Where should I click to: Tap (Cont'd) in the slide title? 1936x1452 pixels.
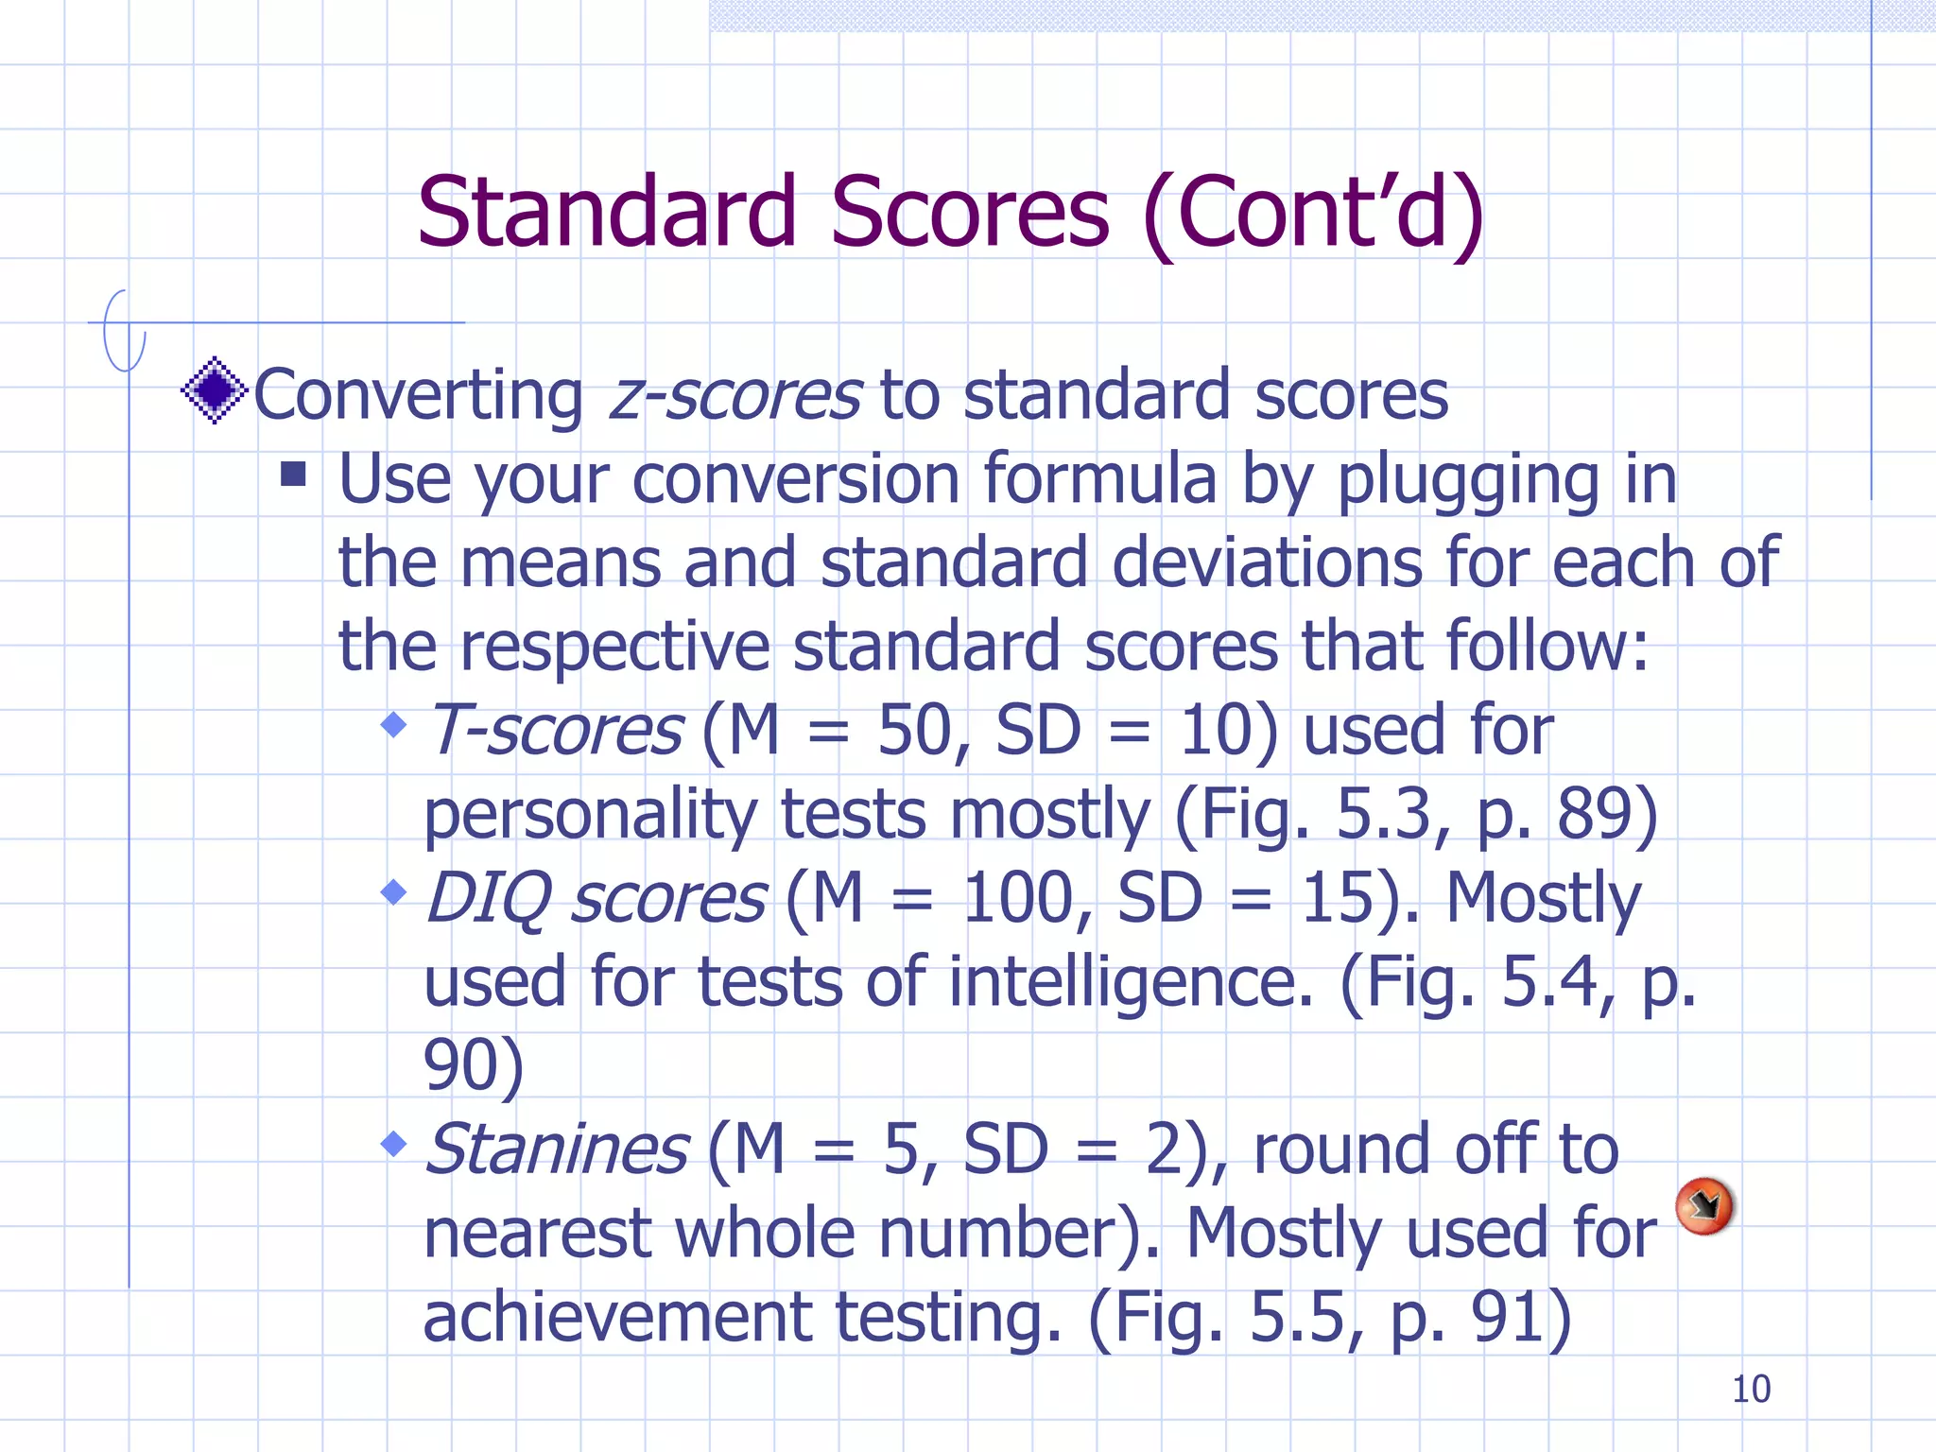coord(1313,214)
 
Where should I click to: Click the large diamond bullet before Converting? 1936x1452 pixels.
coord(215,389)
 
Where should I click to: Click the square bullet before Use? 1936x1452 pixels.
coord(293,474)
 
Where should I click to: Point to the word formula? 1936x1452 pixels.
coord(1099,478)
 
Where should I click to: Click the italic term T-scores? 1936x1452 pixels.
coord(555,731)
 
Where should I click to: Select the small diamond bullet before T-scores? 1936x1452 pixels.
coord(393,726)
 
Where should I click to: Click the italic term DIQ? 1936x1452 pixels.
coord(489,899)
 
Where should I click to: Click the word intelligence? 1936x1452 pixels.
coord(1131,983)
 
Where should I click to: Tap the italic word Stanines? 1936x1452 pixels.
coord(557,1149)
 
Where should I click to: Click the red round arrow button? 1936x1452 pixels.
coord(1703,1205)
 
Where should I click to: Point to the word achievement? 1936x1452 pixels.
coord(617,1318)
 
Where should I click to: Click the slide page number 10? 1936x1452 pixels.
coord(1751,1390)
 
